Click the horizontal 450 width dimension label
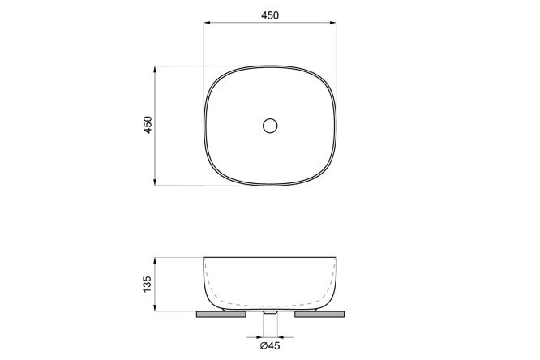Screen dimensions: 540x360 coord(270,15)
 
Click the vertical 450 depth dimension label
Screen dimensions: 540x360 coord(148,125)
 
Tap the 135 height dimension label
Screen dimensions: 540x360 coord(147,285)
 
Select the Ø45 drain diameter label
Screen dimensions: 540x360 coord(270,345)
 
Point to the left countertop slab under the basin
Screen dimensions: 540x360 coord(221,314)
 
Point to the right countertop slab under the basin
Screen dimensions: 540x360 coord(319,314)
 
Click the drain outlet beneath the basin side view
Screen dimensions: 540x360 coord(270,312)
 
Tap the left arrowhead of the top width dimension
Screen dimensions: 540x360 coord(207,23)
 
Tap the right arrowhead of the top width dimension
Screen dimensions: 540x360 coord(333,23)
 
